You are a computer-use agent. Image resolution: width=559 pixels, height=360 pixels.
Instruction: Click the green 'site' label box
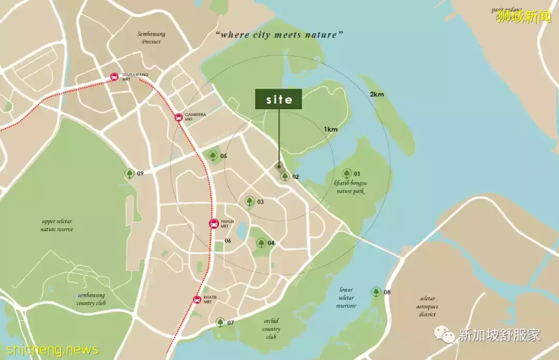[279, 99]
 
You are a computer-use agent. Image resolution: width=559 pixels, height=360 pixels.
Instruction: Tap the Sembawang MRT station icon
[114, 77]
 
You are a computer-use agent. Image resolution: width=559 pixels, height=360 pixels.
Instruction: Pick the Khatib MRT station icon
[197, 299]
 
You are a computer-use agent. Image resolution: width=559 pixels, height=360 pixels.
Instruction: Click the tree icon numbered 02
[285, 177]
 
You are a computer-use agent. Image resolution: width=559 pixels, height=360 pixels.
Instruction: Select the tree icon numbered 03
[249, 201]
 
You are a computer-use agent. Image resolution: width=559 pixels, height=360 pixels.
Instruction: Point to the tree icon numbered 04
[261, 243]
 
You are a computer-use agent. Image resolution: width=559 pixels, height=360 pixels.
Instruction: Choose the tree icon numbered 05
[213, 155]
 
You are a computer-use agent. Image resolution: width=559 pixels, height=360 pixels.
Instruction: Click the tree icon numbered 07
[220, 322]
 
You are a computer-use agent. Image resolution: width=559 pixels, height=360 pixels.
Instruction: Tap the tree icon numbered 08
[376, 292]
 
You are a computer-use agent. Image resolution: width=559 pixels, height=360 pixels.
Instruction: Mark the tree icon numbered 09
[129, 174]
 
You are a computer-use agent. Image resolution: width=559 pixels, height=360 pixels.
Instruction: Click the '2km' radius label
[377, 94]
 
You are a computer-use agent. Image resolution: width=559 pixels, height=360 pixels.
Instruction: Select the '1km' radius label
[331, 129]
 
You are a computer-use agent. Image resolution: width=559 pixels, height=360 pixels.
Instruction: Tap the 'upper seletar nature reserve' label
[57, 225]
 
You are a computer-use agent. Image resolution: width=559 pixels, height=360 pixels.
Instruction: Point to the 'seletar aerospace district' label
[428, 306]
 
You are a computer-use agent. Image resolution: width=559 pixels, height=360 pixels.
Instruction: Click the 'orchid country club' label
[271, 329]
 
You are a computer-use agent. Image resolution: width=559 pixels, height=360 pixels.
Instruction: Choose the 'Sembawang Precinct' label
[151, 38]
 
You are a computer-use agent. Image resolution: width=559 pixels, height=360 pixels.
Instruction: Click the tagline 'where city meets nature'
[280, 35]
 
